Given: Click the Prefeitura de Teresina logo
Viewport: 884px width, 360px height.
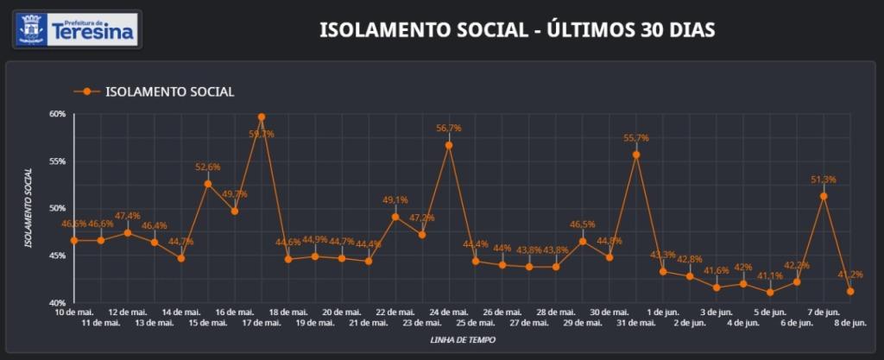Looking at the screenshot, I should click(78, 28).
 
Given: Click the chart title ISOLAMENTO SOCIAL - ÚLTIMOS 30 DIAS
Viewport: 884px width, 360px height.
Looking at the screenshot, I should click(517, 30).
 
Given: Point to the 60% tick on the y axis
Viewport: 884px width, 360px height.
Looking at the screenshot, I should click(58, 114).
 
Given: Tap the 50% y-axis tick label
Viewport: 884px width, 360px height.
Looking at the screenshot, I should click(58, 209).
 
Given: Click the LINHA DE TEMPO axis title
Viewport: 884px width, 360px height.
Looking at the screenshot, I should click(463, 340).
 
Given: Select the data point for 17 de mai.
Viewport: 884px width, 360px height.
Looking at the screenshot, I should click(262, 117).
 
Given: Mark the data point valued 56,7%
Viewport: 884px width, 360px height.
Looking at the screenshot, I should click(449, 145).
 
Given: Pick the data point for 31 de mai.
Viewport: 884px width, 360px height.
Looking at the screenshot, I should click(636, 155).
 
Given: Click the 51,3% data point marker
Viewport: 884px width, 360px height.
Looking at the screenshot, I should click(824, 196).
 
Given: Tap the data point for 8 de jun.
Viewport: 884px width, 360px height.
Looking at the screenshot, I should click(850, 292).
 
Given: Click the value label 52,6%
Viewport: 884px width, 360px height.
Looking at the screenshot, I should click(208, 167).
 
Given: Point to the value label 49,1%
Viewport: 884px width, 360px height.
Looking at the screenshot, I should click(395, 200).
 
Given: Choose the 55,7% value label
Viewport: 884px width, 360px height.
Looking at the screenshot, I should click(636, 138).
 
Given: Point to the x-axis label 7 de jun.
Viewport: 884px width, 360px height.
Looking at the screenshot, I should click(824, 312).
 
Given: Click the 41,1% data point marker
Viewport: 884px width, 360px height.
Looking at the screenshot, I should click(770, 293).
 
